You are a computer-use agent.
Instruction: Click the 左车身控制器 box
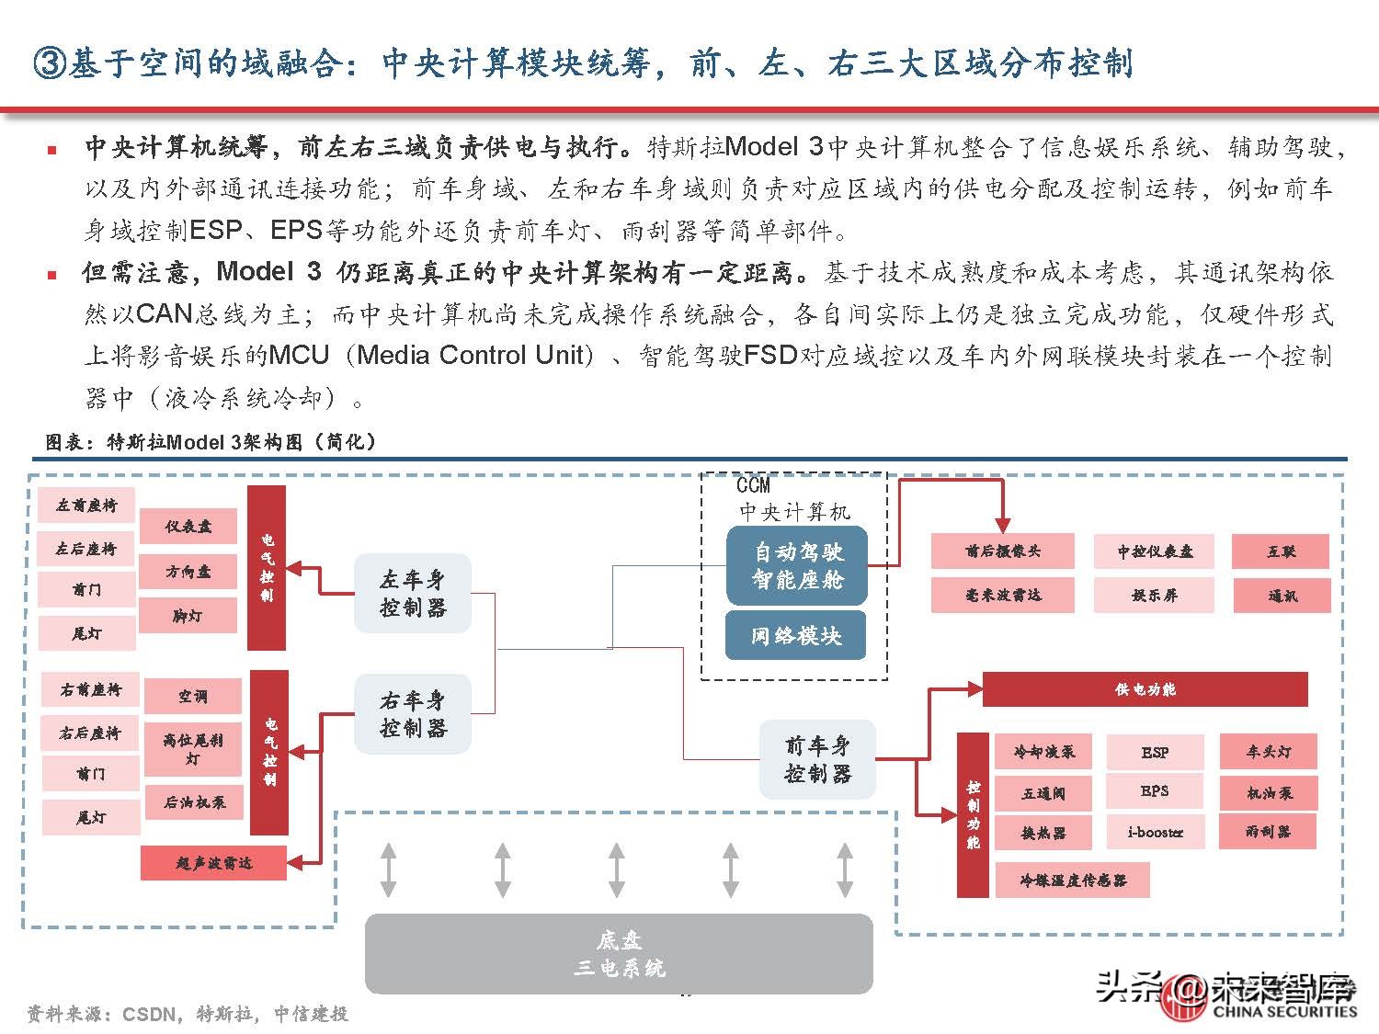[x=413, y=593]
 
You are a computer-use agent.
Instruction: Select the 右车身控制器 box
[x=413, y=714]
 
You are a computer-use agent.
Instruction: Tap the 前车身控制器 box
[x=817, y=759]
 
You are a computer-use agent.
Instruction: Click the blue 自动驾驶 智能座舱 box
[x=797, y=565]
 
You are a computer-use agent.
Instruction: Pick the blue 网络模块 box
[x=796, y=635]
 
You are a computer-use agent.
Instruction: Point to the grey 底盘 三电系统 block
[x=619, y=953]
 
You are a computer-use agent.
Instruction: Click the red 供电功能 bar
[x=1145, y=689]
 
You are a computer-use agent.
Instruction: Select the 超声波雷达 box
[x=213, y=863]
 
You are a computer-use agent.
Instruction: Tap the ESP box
[x=1155, y=752]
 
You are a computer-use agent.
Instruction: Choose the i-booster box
[x=1155, y=832]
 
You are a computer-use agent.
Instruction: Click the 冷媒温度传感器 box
[x=1072, y=880]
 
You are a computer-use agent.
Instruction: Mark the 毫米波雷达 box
[x=1002, y=595]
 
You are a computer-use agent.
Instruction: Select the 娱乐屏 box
[x=1154, y=595]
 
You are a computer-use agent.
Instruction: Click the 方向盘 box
[x=188, y=572]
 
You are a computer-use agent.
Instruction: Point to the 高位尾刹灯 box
[x=192, y=749]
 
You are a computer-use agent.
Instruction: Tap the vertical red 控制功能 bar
[x=973, y=814]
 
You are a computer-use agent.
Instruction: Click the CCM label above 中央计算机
[x=753, y=485]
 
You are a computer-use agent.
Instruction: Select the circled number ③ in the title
[x=48, y=63]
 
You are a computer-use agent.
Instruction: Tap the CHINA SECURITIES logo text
[x=1284, y=1011]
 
